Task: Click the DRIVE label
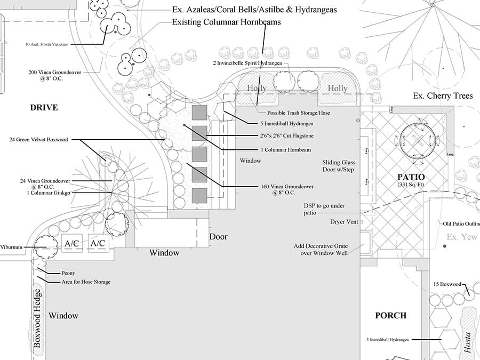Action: tap(44, 108)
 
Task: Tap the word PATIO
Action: tap(410, 177)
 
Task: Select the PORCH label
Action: tap(390, 315)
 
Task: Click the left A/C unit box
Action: tap(72, 243)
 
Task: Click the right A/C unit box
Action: tap(98, 243)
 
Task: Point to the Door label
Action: tap(218, 236)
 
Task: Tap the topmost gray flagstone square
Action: tap(199, 112)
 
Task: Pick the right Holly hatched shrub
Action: tap(337, 87)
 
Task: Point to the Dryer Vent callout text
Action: tap(345, 221)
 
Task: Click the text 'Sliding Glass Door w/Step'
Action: tap(338, 166)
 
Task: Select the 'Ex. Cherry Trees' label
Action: tap(443, 96)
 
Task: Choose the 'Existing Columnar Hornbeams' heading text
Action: tap(226, 22)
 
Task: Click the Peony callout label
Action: tap(68, 273)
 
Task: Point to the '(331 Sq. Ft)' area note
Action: tap(410, 185)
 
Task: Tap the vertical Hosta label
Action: tap(467, 341)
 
